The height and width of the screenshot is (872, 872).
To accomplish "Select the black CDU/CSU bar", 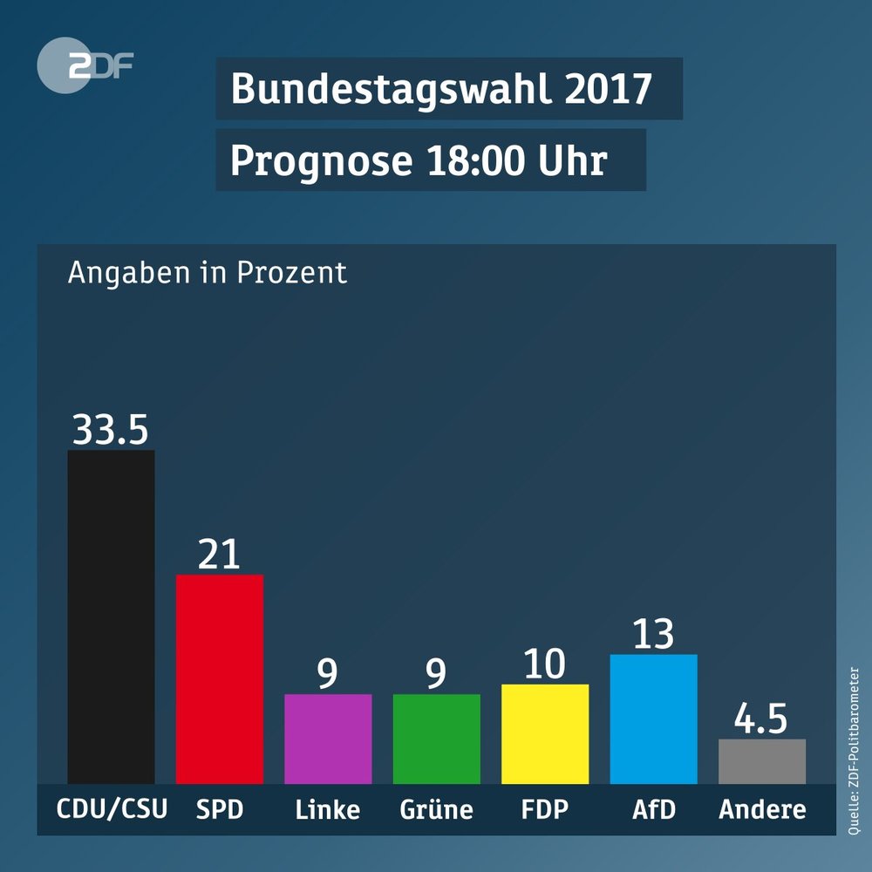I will tap(111, 617).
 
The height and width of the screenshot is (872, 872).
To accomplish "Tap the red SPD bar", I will tap(220, 678).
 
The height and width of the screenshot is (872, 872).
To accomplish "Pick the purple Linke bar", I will tap(328, 739).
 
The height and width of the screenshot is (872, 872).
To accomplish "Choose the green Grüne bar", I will tap(436, 739).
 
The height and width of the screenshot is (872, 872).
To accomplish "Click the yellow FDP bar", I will tap(545, 733).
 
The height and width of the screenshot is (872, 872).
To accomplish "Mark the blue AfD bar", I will tap(653, 719).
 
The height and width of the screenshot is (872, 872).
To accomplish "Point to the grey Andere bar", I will tap(761, 761).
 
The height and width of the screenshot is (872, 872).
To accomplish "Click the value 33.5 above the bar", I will tap(110, 430).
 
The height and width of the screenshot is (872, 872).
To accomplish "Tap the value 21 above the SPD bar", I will tap(219, 555).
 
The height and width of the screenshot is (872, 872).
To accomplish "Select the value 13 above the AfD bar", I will tap(653, 635).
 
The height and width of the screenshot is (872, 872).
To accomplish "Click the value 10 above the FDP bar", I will tap(545, 665).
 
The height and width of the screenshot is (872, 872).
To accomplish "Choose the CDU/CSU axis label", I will tap(112, 809).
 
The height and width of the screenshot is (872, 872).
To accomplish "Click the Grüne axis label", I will tap(436, 809).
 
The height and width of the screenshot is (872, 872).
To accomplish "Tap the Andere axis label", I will tap(762, 809).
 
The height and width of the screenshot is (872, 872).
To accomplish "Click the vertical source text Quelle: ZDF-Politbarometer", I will tap(854, 752).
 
